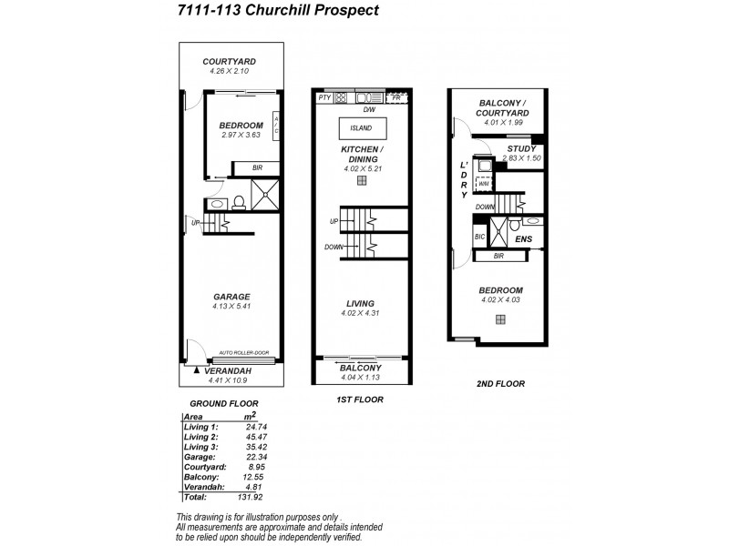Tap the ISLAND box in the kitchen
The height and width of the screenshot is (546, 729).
tap(362, 127)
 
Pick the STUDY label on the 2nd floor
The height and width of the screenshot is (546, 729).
tap(521, 148)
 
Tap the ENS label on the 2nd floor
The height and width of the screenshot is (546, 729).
tap(523, 240)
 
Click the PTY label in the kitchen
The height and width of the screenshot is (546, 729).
tap(323, 97)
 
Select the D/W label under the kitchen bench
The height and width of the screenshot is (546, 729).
tap(369, 108)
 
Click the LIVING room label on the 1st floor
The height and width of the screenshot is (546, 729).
tap(362, 303)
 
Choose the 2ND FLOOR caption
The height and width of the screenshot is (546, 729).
tap(501, 384)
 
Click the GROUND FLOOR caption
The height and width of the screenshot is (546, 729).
tap(223, 402)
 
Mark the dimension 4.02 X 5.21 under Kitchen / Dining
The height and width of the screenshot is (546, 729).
tap(362, 167)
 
